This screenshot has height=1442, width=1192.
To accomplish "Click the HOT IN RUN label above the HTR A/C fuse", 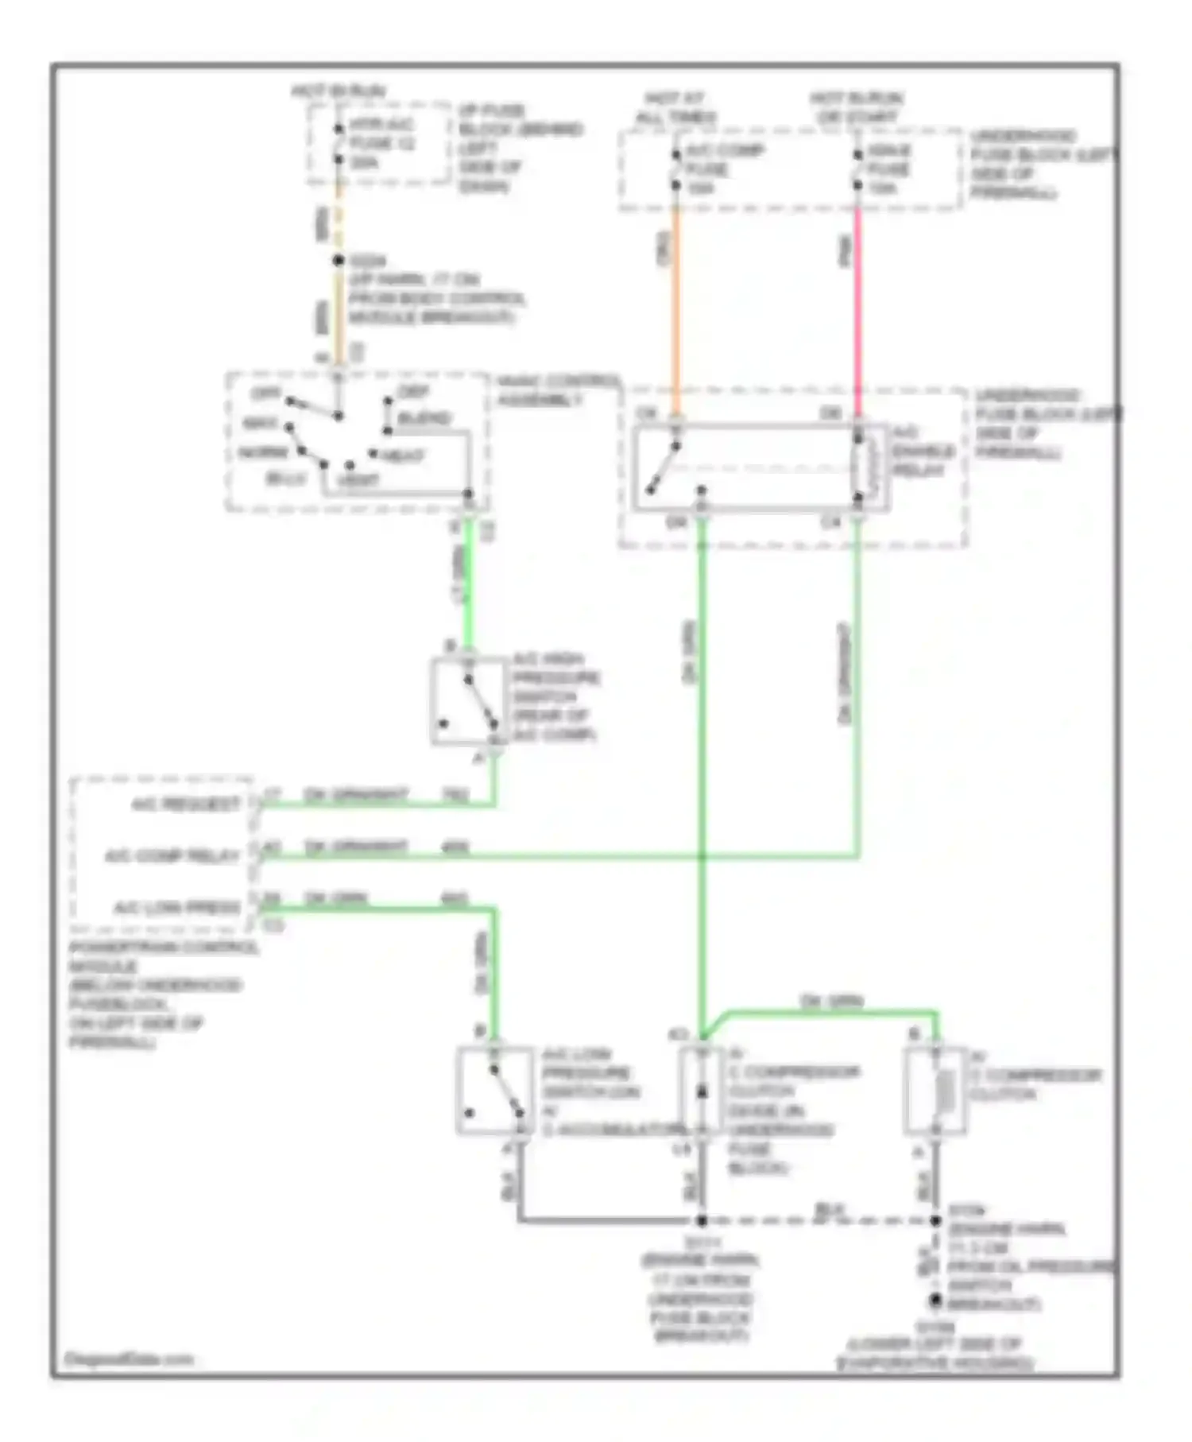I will [x=338, y=91].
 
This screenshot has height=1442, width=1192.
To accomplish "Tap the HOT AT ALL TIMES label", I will [x=675, y=108].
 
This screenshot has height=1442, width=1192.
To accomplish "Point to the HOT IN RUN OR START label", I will [x=857, y=108].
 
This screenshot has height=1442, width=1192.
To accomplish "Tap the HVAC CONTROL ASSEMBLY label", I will [x=556, y=390].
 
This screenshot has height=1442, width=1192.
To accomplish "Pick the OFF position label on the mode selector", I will [x=265, y=393].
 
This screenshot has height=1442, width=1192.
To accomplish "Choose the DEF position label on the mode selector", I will [x=413, y=391].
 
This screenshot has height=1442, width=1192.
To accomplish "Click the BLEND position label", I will [x=424, y=418].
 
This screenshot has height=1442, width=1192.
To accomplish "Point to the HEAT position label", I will [x=404, y=456].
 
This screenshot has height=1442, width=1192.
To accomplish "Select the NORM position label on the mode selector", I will [x=263, y=452].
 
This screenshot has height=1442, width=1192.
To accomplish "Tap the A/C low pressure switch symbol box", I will [x=494, y=1091].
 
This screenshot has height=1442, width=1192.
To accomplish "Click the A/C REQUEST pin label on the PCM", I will [x=185, y=804].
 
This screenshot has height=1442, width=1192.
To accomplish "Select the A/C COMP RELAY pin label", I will [x=172, y=856].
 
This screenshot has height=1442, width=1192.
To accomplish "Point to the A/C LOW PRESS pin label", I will [x=176, y=907].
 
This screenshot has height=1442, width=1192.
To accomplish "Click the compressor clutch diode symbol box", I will [x=701, y=1091].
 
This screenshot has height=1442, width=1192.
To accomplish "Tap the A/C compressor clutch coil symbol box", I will [x=936, y=1090].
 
